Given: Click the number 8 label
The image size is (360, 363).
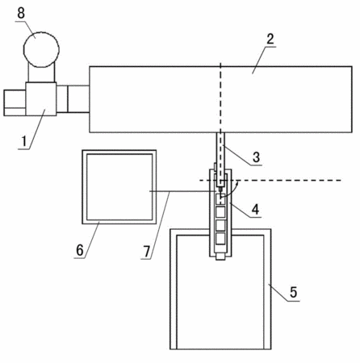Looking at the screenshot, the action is (x=21, y=13).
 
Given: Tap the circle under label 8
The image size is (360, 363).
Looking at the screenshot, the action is (x=41, y=49).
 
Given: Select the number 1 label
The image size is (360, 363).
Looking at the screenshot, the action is (x=24, y=141).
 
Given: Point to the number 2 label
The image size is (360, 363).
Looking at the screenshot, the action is (x=270, y=39).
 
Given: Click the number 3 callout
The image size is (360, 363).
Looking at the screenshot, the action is (x=256, y=157).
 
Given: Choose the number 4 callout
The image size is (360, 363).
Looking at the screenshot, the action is (x=255, y=209).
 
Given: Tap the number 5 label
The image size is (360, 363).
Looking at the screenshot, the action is (x=293, y=292).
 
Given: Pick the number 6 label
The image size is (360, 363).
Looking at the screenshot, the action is (x=80, y=251).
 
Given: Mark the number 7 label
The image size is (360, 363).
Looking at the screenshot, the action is (x=147, y=252).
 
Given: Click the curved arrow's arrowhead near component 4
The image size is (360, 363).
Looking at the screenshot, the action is (x=237, y=184).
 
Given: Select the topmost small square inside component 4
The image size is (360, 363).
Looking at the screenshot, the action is (x=220, y=199).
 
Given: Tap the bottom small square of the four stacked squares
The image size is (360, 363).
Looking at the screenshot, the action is (x=220, y=239).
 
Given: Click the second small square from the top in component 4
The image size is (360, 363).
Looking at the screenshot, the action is (x=220, y=212).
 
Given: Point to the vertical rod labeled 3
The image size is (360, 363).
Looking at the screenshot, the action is (x=220, y=159).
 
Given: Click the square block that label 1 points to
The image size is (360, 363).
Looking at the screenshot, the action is (x=41, y=99).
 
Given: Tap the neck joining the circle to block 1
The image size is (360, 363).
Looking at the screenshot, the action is (x=42, y=74).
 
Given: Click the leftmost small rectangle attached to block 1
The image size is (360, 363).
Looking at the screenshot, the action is (x=15, y=103).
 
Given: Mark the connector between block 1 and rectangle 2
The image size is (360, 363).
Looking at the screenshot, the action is (x=73, y=99).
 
